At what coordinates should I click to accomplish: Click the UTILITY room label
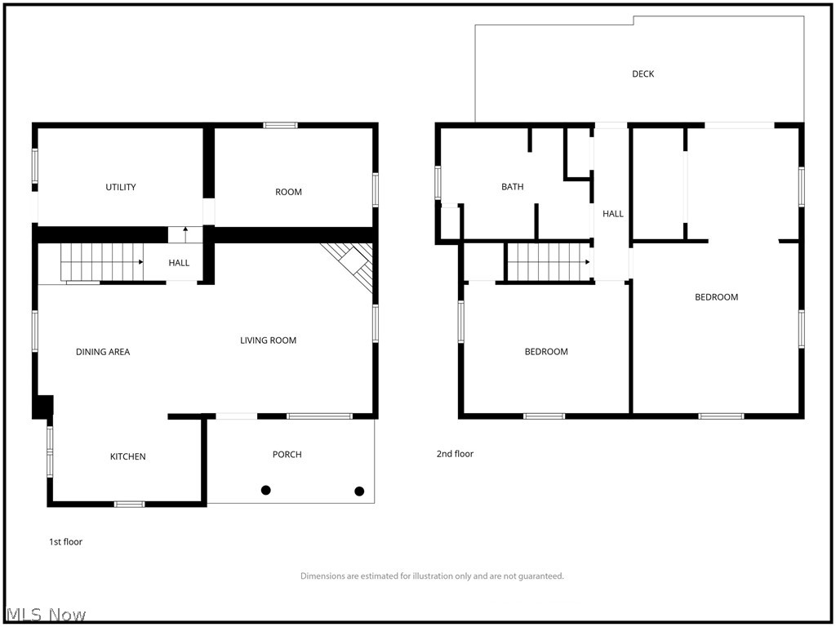tap(121, 187)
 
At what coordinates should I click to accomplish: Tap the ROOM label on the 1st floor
tap(288, 192)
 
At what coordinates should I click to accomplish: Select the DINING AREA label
tap(103, 352)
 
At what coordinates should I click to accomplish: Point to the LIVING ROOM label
tap(268, 340)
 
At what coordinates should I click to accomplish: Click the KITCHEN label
tap(128, 456)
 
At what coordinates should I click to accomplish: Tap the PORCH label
tap(287, 454)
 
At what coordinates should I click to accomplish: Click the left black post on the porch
tap(266, 490)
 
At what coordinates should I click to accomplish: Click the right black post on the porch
tap(359, 491)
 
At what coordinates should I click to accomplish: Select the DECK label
tap(643, 74)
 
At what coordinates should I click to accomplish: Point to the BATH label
tap(513, 187)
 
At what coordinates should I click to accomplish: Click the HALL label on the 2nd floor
tap(613, 214)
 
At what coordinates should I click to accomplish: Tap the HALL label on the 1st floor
tap(179, 263)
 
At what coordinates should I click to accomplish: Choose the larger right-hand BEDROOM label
tap(716, 297)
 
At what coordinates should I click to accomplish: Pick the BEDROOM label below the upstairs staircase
tap(546, 352)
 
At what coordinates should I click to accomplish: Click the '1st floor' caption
tap(65, 541)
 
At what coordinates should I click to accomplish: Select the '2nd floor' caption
tap(455, 454)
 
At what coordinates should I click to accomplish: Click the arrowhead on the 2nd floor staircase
tap(587, 262)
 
